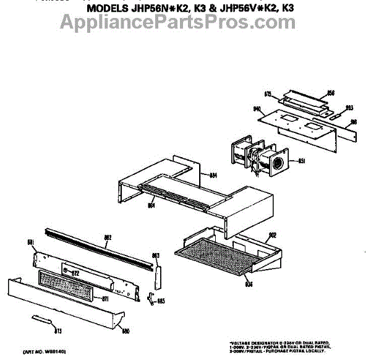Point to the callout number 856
click(x=331, y=93)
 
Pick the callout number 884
click(x=213, y=176)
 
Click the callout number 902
click(x=270, y=235)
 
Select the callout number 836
click(x=249, y=284)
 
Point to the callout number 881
click(x=30, y=242)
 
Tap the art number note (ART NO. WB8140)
click(x=45, y=352)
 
